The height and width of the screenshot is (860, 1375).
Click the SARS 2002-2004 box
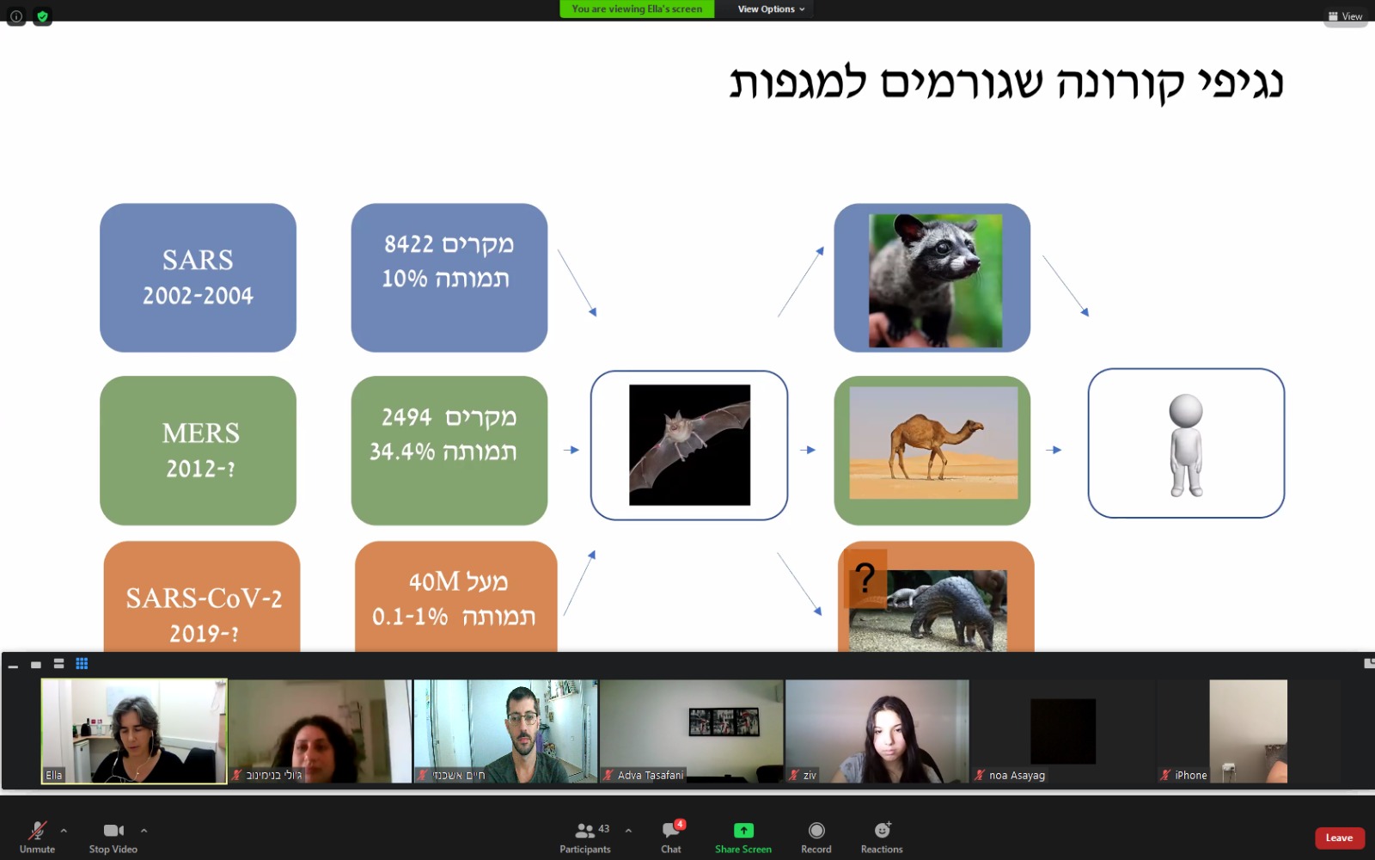click(198, 278)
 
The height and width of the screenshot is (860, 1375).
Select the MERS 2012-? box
click(198, 451)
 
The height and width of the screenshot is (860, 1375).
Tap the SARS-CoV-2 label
click(204, 598)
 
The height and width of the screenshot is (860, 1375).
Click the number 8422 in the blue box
click(409, 244)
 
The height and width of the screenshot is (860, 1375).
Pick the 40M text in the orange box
click(434, 581)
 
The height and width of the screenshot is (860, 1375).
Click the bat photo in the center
click(689, 445)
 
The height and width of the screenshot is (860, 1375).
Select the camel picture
click(933, 443)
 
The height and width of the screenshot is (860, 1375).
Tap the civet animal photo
click(936, 280)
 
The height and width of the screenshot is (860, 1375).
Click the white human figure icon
click(1186, 445)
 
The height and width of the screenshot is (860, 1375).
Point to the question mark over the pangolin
click(865, 577)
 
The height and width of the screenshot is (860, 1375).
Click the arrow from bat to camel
click(808, 451)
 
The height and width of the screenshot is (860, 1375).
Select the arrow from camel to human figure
click(1054, 451)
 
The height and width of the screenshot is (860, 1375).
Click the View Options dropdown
click(771, 9)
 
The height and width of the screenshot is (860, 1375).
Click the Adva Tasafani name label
click(650, 775)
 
